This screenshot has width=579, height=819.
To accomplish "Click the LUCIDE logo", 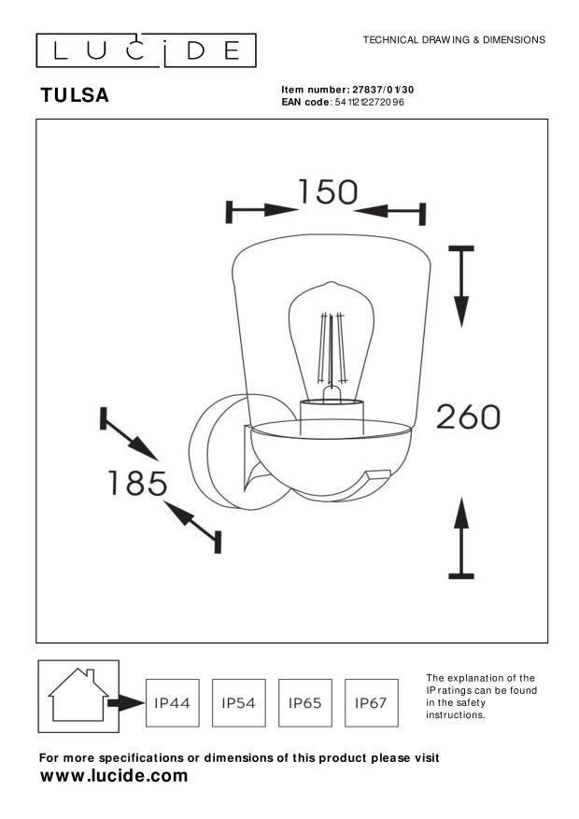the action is pos(146,50).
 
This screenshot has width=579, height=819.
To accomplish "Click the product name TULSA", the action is pos(75,95).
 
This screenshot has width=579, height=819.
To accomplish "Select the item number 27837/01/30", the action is pos(383,90).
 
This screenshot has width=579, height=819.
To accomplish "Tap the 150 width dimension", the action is pos(328,191).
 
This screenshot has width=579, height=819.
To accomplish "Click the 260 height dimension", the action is pos(468,417).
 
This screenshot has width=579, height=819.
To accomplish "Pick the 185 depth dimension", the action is pos(137,483).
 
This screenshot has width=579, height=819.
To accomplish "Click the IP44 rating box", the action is pos(172,702).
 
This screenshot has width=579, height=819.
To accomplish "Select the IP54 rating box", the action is pos(238,702).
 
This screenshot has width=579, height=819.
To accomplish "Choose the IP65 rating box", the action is pos(304,702).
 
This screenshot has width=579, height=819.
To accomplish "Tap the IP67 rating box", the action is pos(371,702).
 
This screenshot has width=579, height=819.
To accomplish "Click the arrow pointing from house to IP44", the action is pos(126,703).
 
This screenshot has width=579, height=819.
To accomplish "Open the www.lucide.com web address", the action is pos(114,776).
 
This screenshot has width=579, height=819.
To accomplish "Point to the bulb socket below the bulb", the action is pos(332,417).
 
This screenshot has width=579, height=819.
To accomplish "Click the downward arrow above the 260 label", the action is pos(461,287).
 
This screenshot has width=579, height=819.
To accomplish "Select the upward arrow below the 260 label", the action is pos(461,538).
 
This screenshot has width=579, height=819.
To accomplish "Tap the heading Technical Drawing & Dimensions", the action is pos(454,40).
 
